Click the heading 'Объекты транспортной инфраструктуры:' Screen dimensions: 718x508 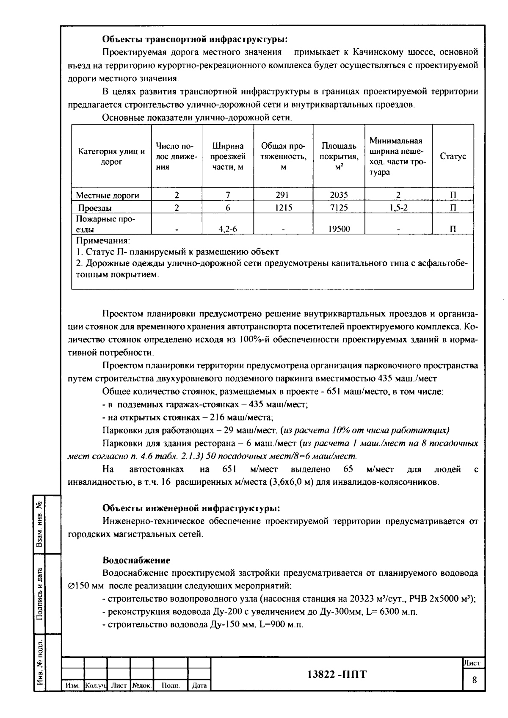pyautogui.click(x=195, y=39)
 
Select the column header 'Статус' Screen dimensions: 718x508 pyautogui.click(x=453, y=157)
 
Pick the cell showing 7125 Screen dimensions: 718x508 pyautogui.click(x=339, y=208)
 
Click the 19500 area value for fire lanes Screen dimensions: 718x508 pyautogui.click(x=339, y=229)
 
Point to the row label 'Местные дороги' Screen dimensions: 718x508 pyautogui.click(x=108, y=195)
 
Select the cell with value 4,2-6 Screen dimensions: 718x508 pyautogui.click(x=228, y=229)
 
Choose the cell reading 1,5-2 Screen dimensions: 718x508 pyautogui.click(x=398, y=208)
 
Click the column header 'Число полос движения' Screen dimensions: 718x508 pyautogui.click(x=177, y=157)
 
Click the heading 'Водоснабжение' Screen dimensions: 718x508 pyautogui.click(x=136, y=560)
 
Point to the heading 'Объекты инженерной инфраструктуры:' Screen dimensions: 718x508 pyautogui.click(x=191, y=508)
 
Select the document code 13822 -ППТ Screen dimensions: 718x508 pyautogui.click(x=337, y=674)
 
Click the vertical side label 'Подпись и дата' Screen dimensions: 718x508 pyautogui.click(x=39, y=593)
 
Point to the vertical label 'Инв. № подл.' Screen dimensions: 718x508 pyautogui.click(x=39, y=663)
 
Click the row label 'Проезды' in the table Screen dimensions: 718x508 pyautogui.click(x=95, y=208)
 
